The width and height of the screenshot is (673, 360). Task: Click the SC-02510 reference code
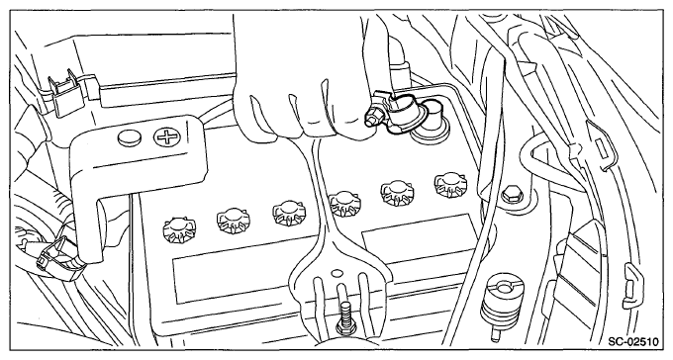click(x=633, y=342)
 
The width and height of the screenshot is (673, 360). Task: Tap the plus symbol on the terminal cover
click(x=166, y=137)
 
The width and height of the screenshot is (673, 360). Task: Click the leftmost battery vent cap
click(x=179, y=228)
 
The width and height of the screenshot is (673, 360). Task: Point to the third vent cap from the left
click(x=288, y=213)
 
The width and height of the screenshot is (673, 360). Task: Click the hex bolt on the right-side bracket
click(x=513, y=195)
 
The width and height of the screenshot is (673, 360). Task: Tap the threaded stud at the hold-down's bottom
click(x=346, y=317)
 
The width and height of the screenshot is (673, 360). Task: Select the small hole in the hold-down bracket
click(x=336, y=272)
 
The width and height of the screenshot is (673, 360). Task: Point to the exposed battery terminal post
click(x=432, y=123)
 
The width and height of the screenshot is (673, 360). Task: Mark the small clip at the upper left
click(x=64, y=90)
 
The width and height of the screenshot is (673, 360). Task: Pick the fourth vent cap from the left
click(x=345, y=204)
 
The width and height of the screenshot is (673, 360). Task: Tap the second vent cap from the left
click(x=234, y=221)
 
